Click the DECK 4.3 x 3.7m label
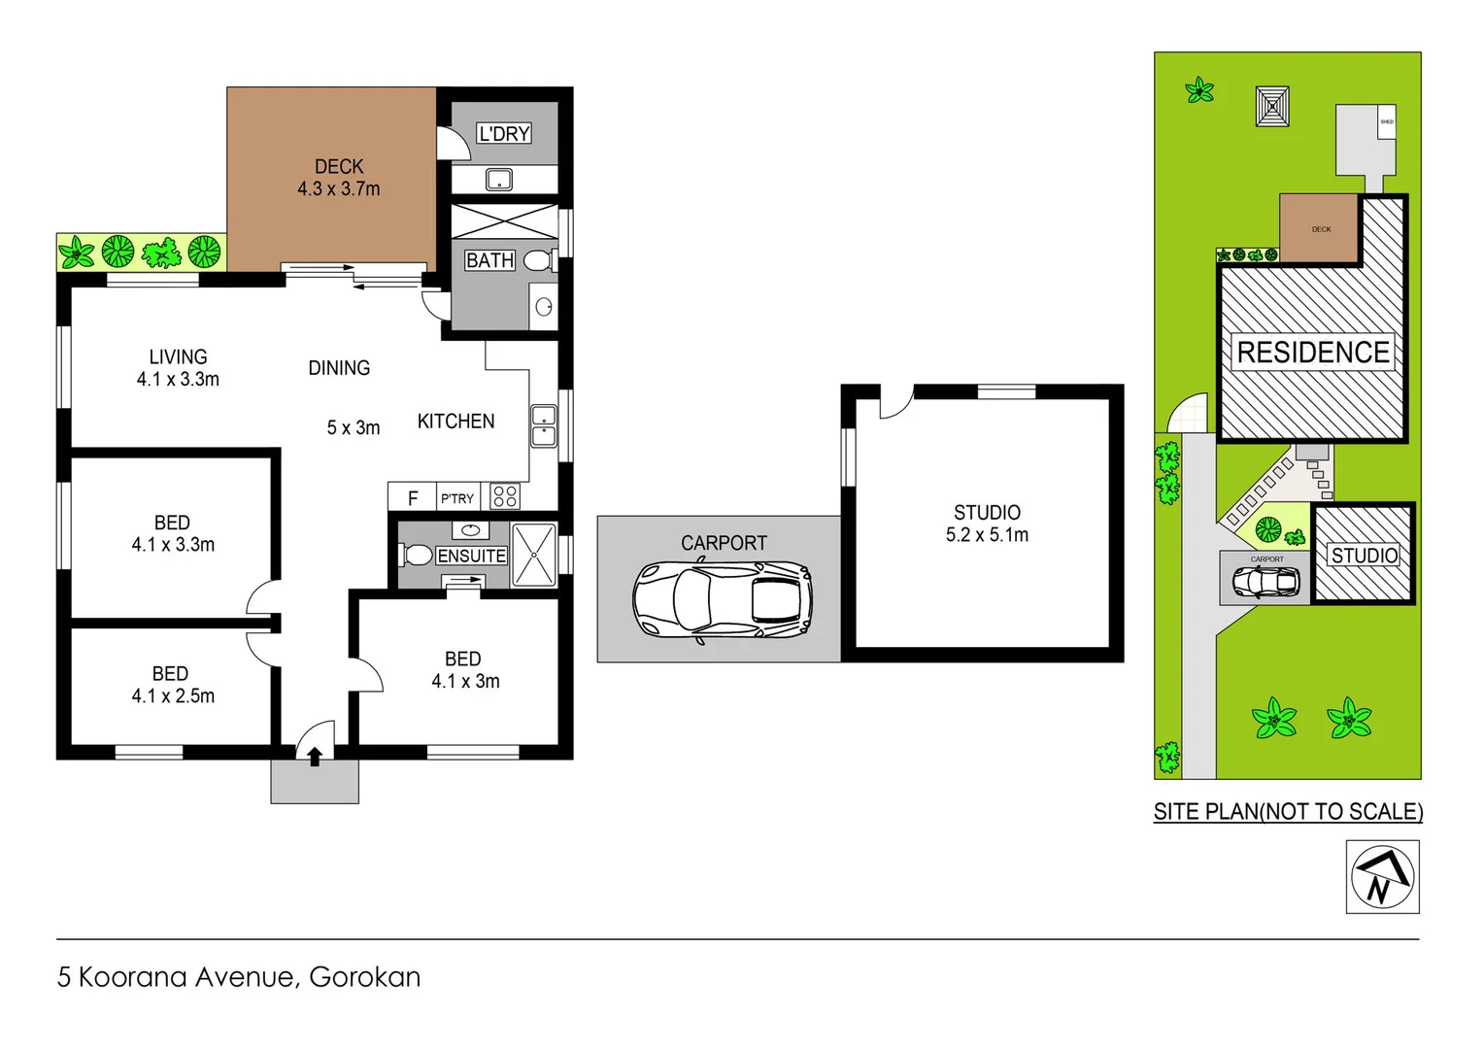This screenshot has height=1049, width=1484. click(x=338, y=178)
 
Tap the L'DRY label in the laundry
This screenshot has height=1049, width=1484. click(x=504, y=134)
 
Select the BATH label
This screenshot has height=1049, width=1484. click(x=489, y=260)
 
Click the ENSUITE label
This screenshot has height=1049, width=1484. click(x=471, y=556)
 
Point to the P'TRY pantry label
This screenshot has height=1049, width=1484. click(x=457, y=498)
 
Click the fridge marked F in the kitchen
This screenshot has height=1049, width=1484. click(x=413, y=498)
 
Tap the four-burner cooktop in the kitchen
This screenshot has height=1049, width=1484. click(x=505, y=496)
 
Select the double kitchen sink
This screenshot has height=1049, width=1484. click(x=544, y=426)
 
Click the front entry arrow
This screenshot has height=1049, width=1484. click(x=315, y=756)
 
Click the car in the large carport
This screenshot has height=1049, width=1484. click(x=722, y=600)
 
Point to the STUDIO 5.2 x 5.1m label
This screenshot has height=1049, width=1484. click(x=987, y=524)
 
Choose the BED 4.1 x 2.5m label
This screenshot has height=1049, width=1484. click(x=172, y=685)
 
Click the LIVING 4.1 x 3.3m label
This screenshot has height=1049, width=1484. click(x=178, y=368)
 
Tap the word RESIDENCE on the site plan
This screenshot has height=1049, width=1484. click(x=1312, y=353)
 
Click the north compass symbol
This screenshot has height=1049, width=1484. click(x=1382, y=877)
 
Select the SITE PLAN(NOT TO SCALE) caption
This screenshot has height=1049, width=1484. click(x=1288, y=812)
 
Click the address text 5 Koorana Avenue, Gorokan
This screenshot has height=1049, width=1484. click(x=239, y=977)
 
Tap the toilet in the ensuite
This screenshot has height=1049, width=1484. click(x=417, y=556)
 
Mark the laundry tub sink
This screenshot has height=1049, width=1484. click(x=499, y=180)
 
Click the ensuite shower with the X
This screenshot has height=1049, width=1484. click(x=533, y=555)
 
